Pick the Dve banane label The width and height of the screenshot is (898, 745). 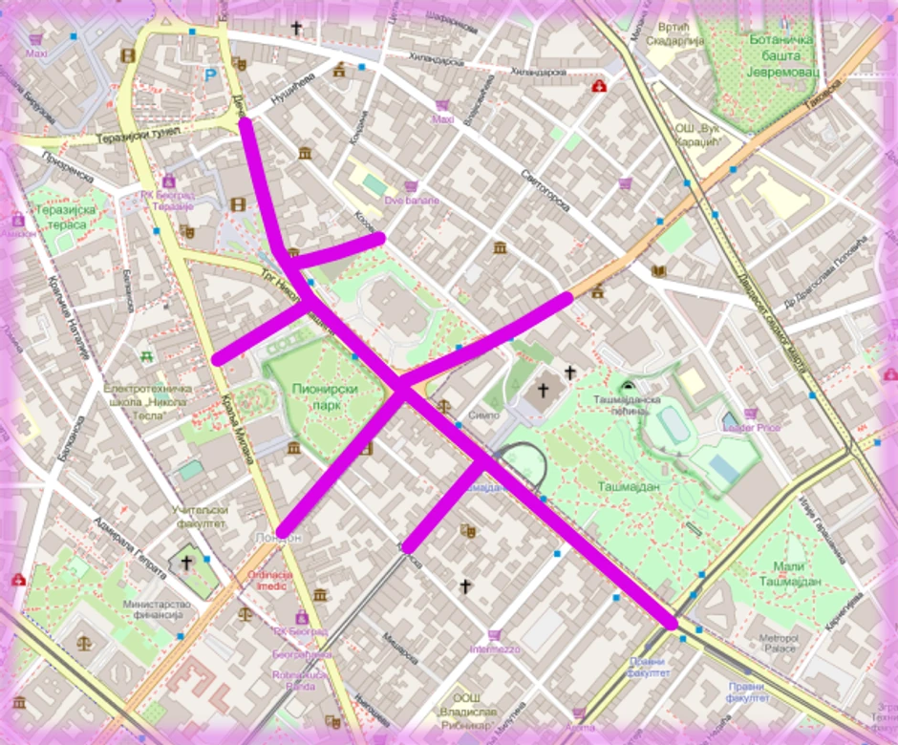click(x=412, y=201)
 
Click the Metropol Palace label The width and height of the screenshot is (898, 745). click(x=778, y=642)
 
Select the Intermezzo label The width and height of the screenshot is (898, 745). click(x=494, y=649)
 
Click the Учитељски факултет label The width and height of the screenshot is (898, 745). click(x=199, y=517)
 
